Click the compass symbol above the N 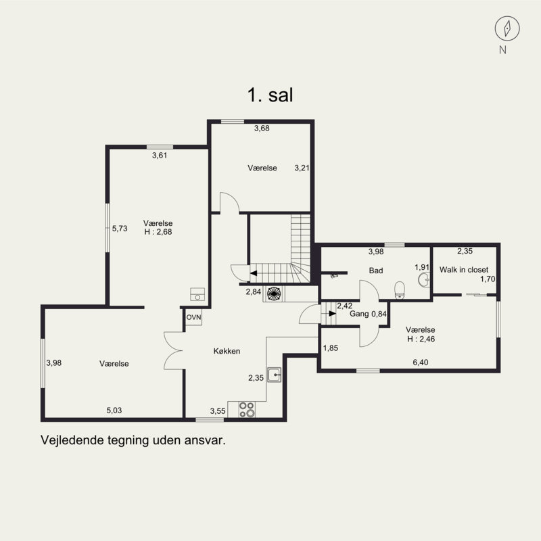pos(507,28)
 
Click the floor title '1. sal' pos(270,95)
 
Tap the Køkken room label pos(227,351)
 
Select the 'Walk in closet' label pos(464,269)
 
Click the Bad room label pos(376,270)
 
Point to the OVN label pos(193,317)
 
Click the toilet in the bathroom pos(400,289)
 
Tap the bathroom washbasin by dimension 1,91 pos(424,279)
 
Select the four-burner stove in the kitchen pos(247,410)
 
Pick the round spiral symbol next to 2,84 pos(274,293)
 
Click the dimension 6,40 pos(420,362)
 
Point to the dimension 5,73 pos(120,229)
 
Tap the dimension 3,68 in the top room pos(262,128)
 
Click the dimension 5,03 pos(114,410)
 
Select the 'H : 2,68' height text pos(158,232)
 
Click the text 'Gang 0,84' pos(368,314)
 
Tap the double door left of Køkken pos(174,350)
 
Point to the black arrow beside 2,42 pos(332,313)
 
